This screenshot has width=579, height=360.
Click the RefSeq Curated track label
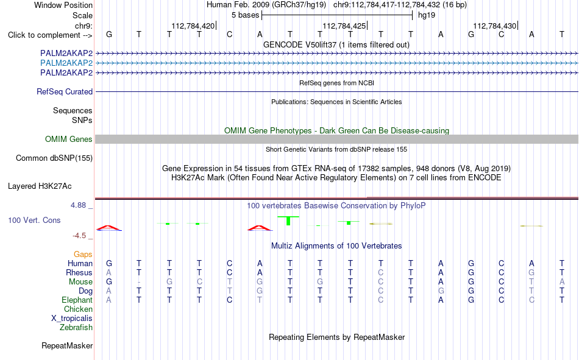65,91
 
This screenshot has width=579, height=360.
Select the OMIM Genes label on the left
69,139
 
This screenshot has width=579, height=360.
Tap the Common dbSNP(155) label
54,158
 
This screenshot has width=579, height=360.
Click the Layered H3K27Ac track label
40,186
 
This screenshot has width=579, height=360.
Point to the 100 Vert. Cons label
34,220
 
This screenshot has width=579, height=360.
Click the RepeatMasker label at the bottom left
67,345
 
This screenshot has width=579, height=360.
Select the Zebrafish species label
76,328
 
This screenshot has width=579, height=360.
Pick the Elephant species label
77,300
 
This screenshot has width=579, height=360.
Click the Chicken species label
78,309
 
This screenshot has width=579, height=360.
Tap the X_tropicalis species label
72,319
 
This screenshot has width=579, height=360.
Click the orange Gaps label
83,254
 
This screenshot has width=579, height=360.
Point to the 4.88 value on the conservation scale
78,205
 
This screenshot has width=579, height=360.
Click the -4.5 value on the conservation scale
79,236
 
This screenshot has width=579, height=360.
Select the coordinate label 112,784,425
344,26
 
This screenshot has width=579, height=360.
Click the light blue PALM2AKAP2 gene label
66,63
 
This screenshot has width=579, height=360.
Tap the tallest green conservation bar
288,221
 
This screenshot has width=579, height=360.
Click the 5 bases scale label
246,15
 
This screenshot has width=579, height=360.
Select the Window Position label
63,5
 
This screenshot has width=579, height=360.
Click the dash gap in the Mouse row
139,282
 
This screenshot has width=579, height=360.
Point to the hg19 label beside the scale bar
427,15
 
